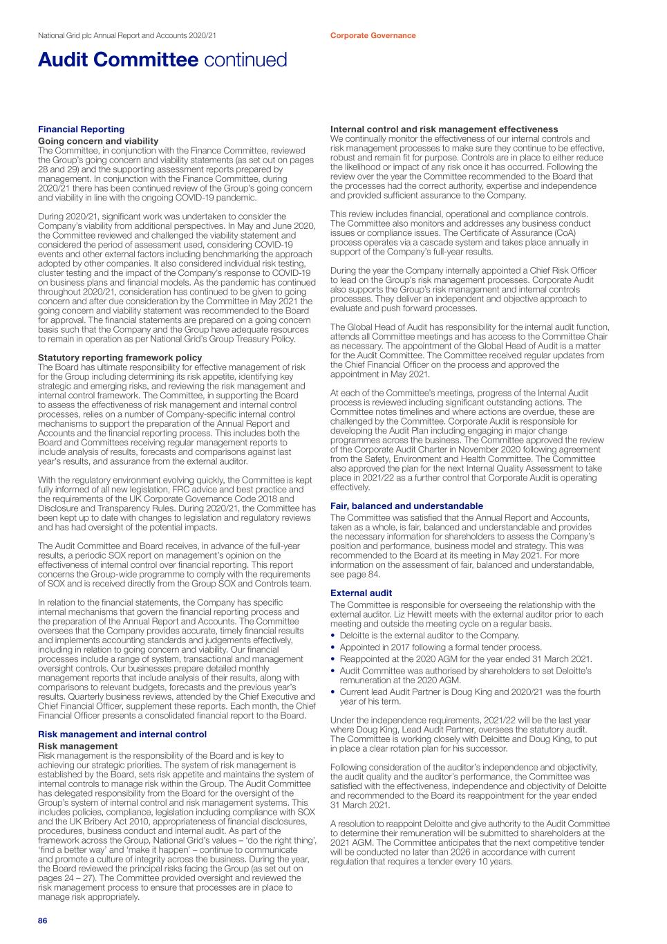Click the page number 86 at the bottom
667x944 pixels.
pyautogui.click(x=42, y=921)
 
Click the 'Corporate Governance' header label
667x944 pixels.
pyautogui.click(x=373, y=35)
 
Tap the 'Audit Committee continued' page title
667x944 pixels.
pyautogui.click(x=162, y=60)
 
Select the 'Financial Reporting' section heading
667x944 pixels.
pyautogui.click(x=81, y=129)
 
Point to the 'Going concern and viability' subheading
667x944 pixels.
pyautogui.click(x=97, y=141)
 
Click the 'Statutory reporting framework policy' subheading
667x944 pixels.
pyautogui.click(x=120, y=358)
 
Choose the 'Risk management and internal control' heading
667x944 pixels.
pyautogui.click(x=122, y=734)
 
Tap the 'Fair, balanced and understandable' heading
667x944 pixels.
pyautogui.click(x=406, y=506)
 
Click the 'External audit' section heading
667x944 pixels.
pyautogui.click(x=361, y=593)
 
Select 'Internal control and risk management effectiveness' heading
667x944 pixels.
pyautogui.click(x=444, y=129)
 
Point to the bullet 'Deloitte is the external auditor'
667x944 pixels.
pyautogui.click(x=429, y=636)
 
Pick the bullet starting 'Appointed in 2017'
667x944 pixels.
pyautogui.click(x=440, y=647)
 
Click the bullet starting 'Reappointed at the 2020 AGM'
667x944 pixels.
pyautogui.click(x=465, y=659)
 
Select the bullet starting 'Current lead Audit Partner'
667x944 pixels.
pyautogui.click(x=469, y=692)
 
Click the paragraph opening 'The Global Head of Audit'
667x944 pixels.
pyautogui.click(x=470, y=351)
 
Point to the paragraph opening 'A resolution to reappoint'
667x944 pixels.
pyautogui.click(x=470, y=842)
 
